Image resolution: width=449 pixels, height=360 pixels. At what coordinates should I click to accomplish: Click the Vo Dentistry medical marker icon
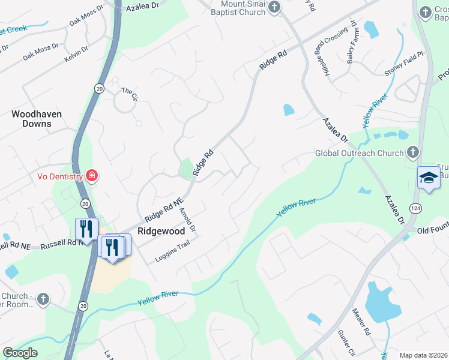point(92,176)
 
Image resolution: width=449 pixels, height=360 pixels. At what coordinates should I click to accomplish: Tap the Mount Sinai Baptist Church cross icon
point(274,8)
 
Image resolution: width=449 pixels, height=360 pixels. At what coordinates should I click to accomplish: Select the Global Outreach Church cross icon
point(412,153)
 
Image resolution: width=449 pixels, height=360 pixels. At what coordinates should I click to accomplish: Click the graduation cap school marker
point(428,178)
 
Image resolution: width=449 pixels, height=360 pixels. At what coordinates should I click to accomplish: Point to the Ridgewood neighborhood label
point(161,230)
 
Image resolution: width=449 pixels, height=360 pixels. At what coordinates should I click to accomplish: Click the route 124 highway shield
point(415,207)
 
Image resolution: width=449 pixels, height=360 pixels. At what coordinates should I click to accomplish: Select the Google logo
point(20,353)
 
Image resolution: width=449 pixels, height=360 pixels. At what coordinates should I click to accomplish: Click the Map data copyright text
point(424,355)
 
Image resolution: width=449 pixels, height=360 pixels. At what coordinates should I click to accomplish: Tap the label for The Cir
point(130,94)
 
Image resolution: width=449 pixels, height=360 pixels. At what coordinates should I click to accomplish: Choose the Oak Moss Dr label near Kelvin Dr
point(41,52)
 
